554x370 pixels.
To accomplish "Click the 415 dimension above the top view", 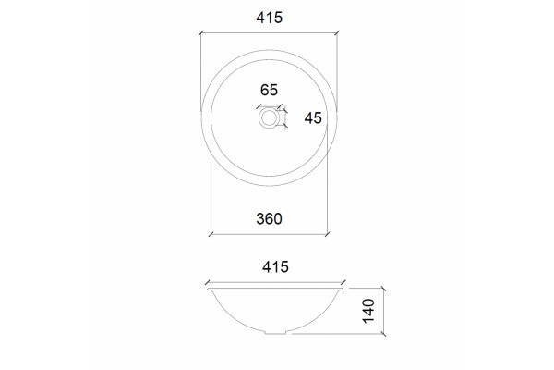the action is [x=270, y=18].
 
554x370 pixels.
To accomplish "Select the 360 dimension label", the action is [x=270, y=219].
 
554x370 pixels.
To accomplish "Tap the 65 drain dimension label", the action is [x=269, y=90].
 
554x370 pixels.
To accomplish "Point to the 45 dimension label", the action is [x=313, y=118].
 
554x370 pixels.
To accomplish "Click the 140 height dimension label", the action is [x=368, y=311].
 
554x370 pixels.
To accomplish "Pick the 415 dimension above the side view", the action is [x=275, y=266].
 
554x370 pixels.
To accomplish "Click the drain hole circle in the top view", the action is [x=269, y=117].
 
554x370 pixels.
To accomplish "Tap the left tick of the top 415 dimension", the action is [x=201, y=33].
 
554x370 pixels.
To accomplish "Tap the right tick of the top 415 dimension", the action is [x=337, y=33].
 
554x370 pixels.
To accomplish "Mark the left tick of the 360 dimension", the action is [x=211, y=234].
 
